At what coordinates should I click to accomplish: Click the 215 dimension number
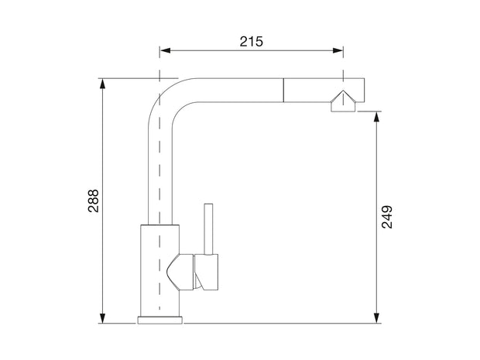tap(251, 42)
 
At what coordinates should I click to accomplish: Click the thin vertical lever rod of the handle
tap(207, 228)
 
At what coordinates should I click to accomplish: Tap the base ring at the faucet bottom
tap(160, 319)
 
